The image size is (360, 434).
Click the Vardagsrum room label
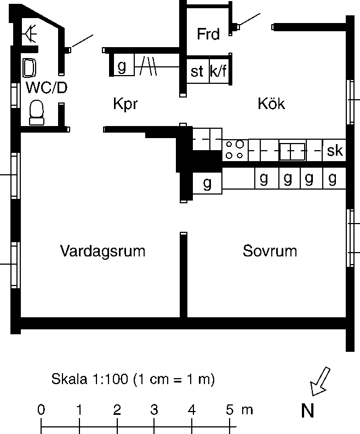[102, 252]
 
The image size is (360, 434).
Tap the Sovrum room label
[270, 252]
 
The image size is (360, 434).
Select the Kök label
[271, 104]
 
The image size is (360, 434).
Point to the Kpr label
[125, 104]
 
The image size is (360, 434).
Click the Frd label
[208, 35]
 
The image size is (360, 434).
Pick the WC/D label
[46, 87]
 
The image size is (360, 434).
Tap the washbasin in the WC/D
[30, 68]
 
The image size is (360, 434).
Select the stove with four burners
[235, 150]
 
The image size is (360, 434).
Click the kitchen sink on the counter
[292, 150]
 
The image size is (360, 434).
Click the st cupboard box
[197, 72]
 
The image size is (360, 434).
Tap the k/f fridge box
[219, 72]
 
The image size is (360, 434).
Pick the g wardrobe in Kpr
[122, 66]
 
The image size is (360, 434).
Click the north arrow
[320, 381]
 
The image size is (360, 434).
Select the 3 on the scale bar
[154, 409]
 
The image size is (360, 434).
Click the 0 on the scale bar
[41, 409]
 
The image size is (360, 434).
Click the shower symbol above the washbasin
[30, 35]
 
